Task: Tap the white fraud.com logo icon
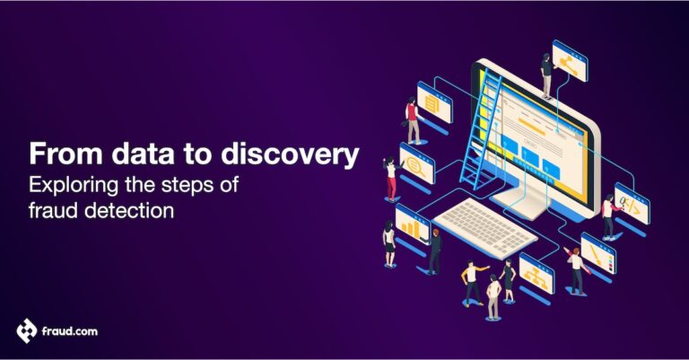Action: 27,330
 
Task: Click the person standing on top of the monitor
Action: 545,75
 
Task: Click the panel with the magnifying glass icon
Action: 416,166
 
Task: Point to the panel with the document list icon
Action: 434,106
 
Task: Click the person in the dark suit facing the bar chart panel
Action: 435,250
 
